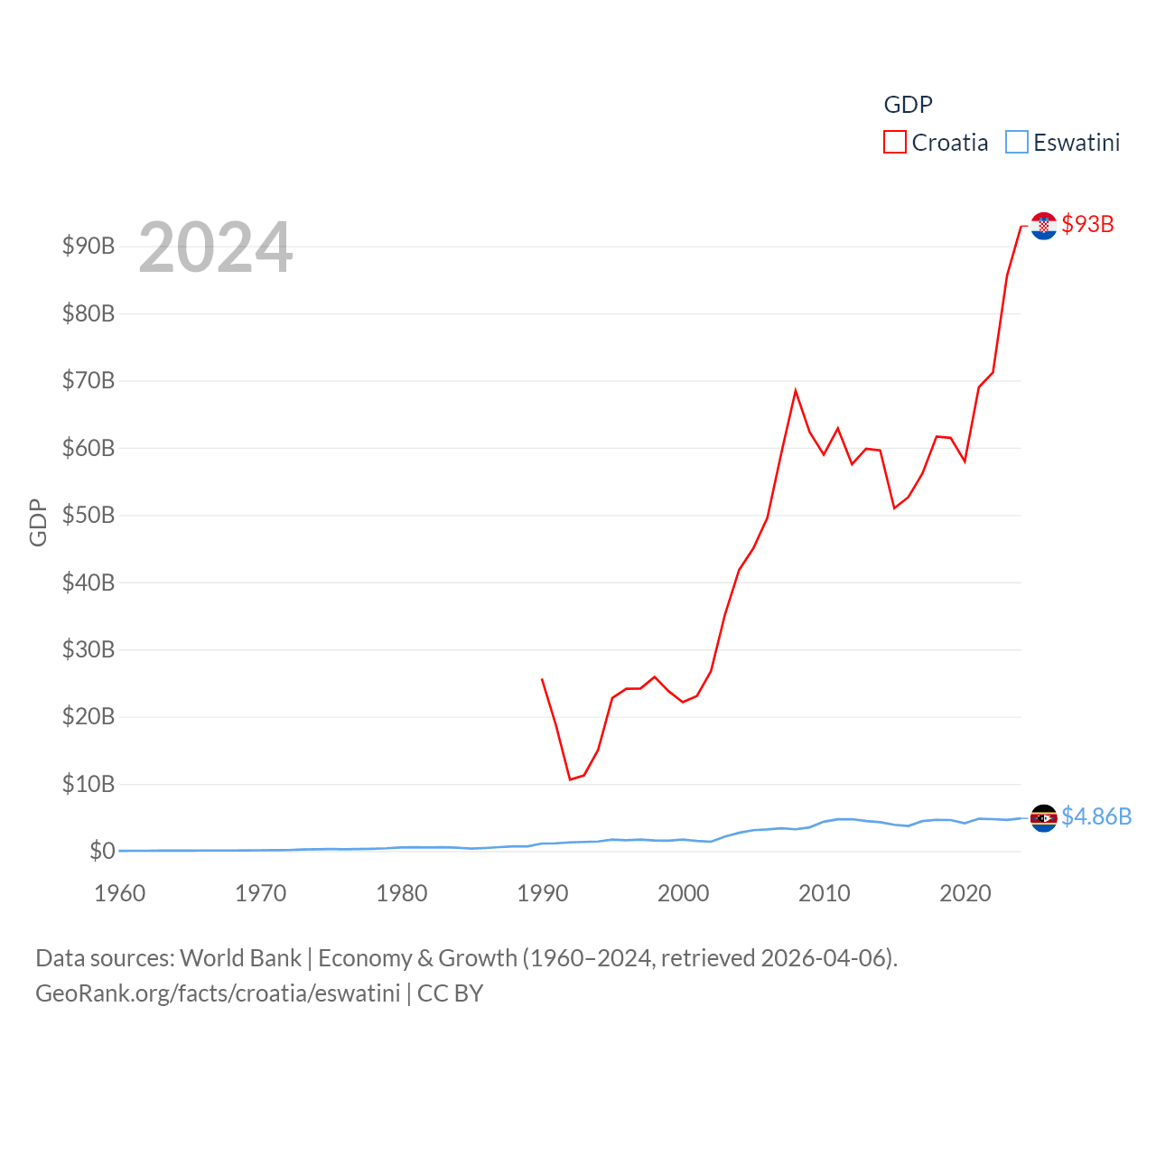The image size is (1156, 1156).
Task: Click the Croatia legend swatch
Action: tap(894, 143)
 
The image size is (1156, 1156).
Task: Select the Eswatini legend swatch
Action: tap(1016, 143)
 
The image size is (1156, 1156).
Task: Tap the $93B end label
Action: tap(1087, 224)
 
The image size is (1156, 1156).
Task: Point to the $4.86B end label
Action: tap(1095, 816)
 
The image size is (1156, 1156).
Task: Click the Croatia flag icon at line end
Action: tap(1043, 226)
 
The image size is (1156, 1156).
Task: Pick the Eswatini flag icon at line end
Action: tap(1043, 817)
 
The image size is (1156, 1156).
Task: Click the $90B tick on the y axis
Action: tap(89, 246)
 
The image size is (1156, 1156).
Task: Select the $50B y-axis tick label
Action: tap(89, 515)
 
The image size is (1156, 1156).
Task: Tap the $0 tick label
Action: tap(102, 851)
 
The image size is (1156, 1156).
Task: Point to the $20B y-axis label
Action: tap(89, 716)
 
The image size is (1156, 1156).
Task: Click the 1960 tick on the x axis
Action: tap(120, 893)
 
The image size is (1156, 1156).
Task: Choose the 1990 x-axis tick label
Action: tap(543, 893)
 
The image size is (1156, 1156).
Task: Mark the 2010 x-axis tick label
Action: tap(825, 893)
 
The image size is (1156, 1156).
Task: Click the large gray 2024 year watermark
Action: tap(215, 247)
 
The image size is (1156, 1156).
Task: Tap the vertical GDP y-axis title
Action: tap(38, 522)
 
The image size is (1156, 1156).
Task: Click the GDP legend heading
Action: tap(908, 105)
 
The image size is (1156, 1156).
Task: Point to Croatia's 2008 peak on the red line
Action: tap(796, 390)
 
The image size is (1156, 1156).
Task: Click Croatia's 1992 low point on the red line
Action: tap(570, 779)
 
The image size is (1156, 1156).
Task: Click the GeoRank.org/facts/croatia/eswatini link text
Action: tap(218, 993)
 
